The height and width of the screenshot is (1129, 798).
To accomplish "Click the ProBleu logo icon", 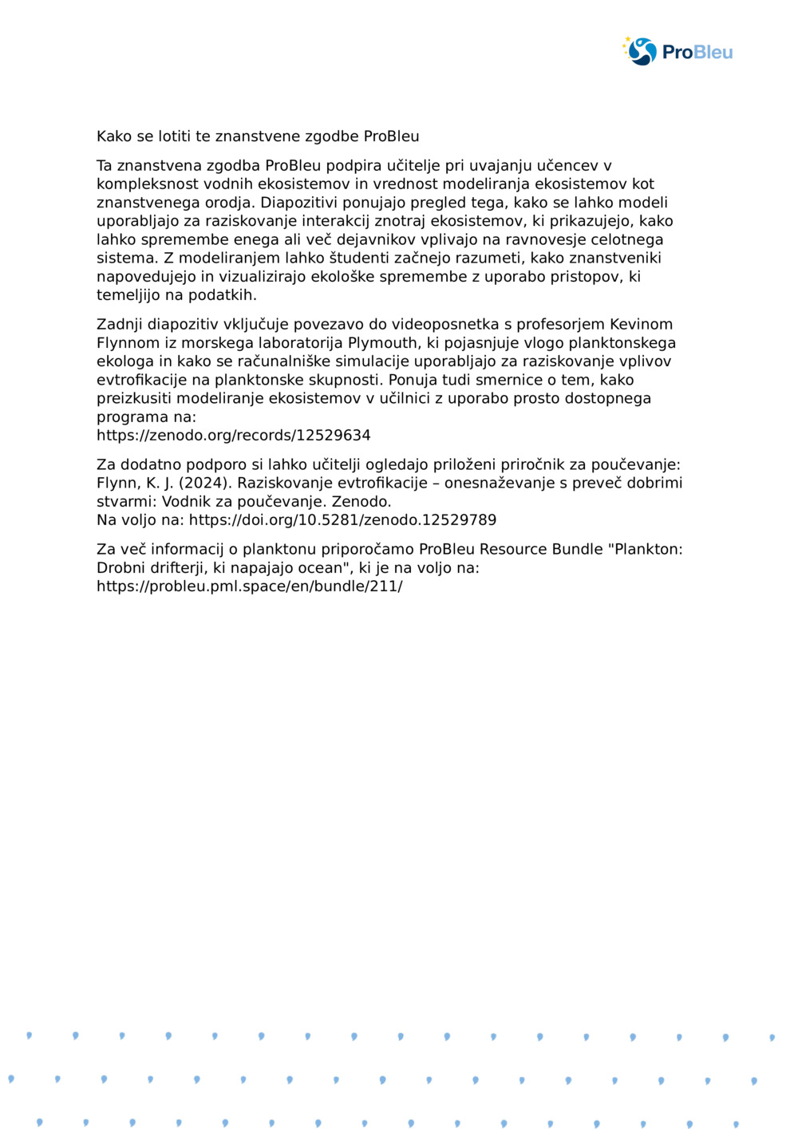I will [641, 51].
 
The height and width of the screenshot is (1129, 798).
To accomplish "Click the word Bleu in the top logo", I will [713, 53].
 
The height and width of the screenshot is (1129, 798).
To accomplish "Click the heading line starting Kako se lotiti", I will [257, 136].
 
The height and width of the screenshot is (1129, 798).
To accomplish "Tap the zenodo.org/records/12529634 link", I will [233, 436].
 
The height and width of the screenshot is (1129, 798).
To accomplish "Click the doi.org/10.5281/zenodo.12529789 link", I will [342, 520].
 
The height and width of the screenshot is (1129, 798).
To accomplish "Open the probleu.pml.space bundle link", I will [249, 586].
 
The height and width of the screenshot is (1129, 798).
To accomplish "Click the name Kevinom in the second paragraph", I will [641, 325].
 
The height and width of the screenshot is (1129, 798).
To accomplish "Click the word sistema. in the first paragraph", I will [128, 259].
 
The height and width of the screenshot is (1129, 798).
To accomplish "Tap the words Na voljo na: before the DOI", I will [140, 520].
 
